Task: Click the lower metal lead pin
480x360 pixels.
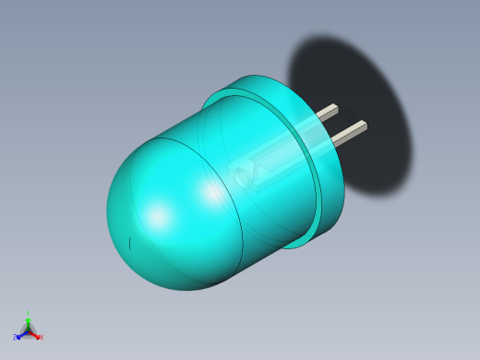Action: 349,133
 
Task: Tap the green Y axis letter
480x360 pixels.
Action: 29,315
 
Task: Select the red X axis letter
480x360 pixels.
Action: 42,337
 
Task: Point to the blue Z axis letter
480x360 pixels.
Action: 15,338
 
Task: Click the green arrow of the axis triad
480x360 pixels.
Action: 28,322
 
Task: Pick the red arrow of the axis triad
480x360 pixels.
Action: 35,334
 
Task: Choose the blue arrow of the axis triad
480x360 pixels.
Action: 20,334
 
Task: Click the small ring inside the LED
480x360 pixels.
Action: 244,178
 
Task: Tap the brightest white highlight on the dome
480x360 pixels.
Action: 159,217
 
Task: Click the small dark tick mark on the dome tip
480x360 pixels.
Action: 130,243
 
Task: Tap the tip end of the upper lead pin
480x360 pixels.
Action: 335,109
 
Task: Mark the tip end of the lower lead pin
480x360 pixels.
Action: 363,126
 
